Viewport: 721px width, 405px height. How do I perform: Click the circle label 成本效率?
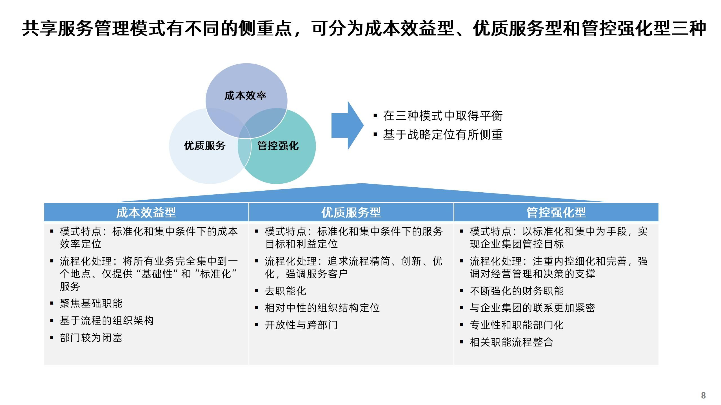pos(245,96)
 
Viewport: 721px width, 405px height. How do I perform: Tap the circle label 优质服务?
pos(205,146)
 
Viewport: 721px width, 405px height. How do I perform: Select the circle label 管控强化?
pos(278,146)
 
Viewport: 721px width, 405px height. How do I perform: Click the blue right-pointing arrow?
pos(347,125)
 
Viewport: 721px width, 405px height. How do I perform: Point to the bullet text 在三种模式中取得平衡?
pos(442,116)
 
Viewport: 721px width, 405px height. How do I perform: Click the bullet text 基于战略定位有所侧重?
pos(442,135)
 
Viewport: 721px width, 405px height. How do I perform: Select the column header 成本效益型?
pos(146,212)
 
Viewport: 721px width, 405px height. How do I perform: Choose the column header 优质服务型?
pos(351,212)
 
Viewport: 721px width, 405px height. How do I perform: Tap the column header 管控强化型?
pos(556,212)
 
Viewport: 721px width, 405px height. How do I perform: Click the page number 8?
pos(703,395)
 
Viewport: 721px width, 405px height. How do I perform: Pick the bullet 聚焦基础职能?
pos(91,303)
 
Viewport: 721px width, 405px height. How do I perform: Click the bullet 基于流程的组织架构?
pos(107,321)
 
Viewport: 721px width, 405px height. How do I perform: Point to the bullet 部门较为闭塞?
pos(91,338)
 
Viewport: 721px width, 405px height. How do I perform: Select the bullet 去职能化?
pos(285,291)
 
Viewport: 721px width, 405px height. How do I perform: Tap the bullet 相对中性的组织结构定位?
pos(322,308)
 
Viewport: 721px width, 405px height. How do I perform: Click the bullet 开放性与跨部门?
pos(301,325)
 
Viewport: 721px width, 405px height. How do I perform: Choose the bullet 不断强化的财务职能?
pos(517,291)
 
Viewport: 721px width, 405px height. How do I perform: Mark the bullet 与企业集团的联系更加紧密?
pos(532,308)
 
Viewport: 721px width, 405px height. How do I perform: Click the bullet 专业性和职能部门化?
pos(517,325)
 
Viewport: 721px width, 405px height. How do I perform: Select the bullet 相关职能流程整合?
pos(511,342)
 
